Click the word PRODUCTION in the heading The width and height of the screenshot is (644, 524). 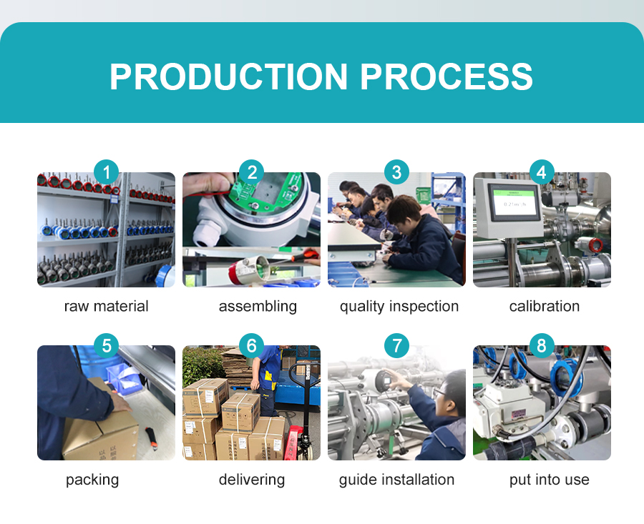pos(228,76)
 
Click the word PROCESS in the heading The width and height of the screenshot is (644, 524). pos(447,76)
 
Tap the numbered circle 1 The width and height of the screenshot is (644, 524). pos(107,172)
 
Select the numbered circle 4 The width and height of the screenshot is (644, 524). pos(542,172)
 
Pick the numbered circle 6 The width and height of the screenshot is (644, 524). pos(251,345)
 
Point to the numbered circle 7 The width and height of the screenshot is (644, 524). pos(396,345)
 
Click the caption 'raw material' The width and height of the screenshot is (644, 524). pos(107,306)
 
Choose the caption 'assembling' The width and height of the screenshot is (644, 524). pos(258,307)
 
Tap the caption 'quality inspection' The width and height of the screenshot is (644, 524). pos(399,307)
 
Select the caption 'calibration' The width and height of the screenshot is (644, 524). pos(545,306)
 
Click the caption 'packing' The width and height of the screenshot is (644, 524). pos(92,480)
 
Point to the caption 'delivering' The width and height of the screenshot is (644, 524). pos(252,480)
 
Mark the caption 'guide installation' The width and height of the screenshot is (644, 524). pos(396,480)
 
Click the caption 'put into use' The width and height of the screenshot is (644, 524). pos(550,480)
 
